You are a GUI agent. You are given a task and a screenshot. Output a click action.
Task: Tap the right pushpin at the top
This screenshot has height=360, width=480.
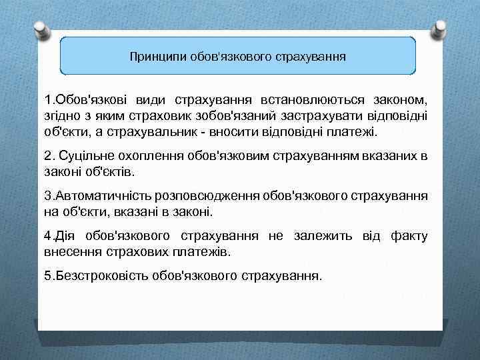[441, 28]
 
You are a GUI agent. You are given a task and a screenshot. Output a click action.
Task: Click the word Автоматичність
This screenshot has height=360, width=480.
[103, 197]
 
